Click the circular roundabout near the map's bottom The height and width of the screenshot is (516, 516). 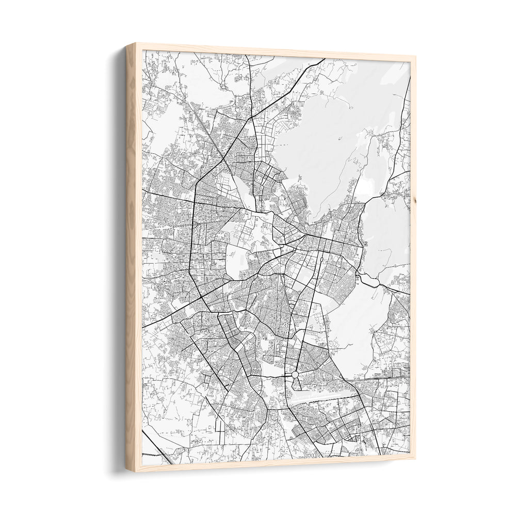(295, 375)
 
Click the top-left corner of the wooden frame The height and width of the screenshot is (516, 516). (126, 45)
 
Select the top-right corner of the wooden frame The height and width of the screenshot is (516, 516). (415, 57)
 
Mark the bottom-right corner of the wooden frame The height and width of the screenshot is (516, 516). (415, 458)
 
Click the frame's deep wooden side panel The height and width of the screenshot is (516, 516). (133, 258)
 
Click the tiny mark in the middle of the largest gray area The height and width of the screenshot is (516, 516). (340, 139)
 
